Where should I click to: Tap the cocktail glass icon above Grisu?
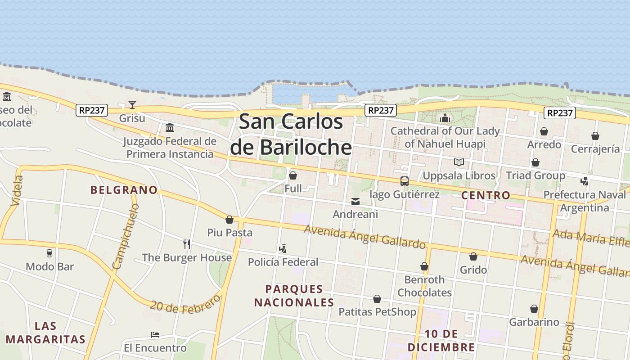132,105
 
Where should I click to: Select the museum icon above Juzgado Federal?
170,128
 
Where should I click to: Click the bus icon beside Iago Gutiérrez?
404,181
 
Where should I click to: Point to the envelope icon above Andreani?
355,202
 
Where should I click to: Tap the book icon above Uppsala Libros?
459,162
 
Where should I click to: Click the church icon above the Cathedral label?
445,118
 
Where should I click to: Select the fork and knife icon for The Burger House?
187,244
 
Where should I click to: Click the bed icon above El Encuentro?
155,335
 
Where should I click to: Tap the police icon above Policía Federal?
283,248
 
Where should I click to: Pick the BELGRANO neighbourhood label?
124,190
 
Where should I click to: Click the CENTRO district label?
486,195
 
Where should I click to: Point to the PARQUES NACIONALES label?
294,296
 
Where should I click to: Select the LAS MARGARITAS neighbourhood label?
45,333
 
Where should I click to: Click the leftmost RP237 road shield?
92,110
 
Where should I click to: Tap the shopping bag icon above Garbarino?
534,309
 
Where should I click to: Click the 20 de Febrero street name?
185,304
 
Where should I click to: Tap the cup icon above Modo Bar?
49,253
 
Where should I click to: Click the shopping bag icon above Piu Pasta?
229,220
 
